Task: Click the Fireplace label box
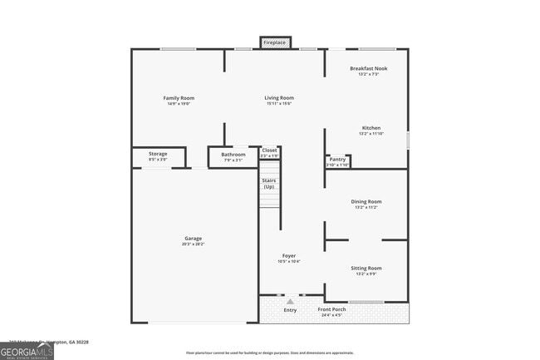click(x=274, y=42)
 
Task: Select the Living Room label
click(x=279, y=98)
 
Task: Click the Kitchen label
click(x=371, y=128)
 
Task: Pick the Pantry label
click(x=337, y=159)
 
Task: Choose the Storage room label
click(x=158, y=154)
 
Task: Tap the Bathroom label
click(x=233, y=155)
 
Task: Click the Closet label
click(x=269, y=150)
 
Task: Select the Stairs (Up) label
click(x=269, y=184)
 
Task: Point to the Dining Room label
click(x=366, y=201)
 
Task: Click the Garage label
click(x=193, y=239)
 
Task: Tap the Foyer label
click(x=288, y=255)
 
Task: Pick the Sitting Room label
click(x=366, y=268)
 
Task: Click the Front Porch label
click(x=332, y=309)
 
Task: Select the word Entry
click(x=290, y=310)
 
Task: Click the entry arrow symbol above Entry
click(x=290, y=301)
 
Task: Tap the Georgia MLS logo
click(x=27, y=353)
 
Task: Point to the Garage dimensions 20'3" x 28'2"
click(x=193, y=244)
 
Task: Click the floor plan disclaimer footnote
click(x=269, y=353)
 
